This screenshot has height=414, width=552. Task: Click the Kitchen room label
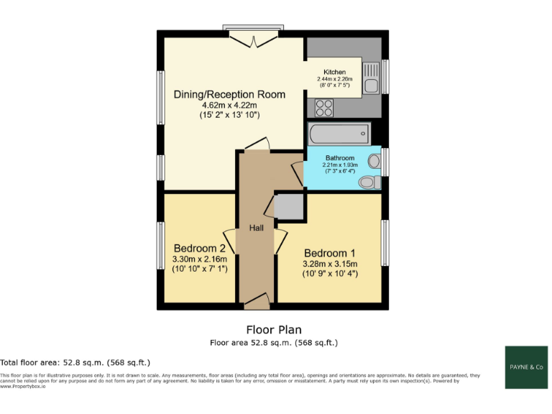point(334,73)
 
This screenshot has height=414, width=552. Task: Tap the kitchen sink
point(372,78)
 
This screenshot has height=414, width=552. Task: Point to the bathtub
point(338,134)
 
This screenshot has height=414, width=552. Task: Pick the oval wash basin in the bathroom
point(374,160)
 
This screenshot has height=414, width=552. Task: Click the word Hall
point(256,228)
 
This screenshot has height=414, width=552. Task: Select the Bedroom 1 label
point(329,254)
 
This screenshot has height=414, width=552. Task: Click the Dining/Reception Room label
point(229,94)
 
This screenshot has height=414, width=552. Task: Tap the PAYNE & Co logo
point(527,367)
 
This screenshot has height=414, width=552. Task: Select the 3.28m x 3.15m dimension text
point(331,264)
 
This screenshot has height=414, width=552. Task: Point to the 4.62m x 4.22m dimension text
point(229,105)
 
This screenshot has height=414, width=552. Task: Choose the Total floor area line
point(75,363)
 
